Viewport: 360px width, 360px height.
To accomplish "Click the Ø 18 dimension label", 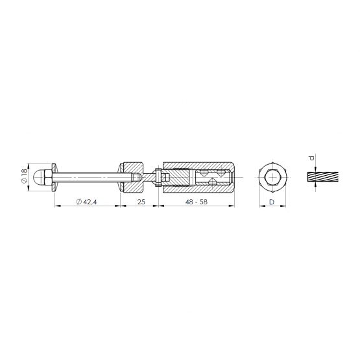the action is point(24,177).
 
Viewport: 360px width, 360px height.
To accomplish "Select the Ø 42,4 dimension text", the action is point(86,202).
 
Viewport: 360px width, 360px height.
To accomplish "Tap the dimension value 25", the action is point(141,202).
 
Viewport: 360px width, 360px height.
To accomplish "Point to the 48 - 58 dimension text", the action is point(197,202).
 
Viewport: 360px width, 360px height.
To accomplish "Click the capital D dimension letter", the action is point(272,202).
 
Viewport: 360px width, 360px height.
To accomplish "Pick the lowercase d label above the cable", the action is point(311,158).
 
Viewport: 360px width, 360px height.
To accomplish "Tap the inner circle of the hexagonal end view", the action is point(272,177).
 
